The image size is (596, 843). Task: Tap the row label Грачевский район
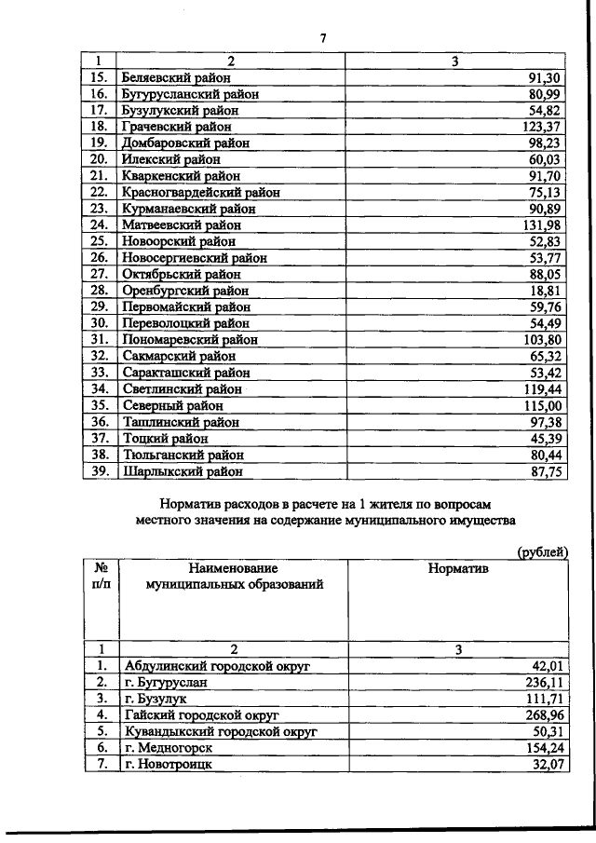coord(177,126)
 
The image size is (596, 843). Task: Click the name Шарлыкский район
coord(182,471)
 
